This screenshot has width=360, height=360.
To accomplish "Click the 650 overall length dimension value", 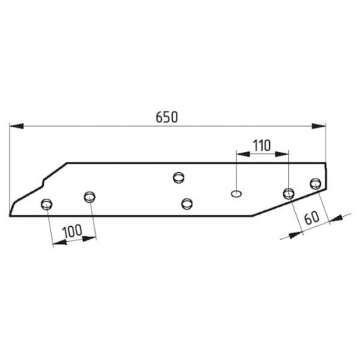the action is (x=167, y=117).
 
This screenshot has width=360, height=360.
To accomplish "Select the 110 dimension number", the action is (x=261, y=145).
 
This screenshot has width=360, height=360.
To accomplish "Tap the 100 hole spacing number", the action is (x=72, y=231).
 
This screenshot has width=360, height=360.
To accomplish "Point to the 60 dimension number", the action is (x=312, y=217).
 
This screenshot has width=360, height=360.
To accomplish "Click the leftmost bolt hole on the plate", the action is (x=47, y=204).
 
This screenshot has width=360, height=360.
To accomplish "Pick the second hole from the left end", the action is (x=90, y=197).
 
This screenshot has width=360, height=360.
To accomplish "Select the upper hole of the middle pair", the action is (x=179, y=178).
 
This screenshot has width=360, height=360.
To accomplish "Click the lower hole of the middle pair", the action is (x=187, y=204).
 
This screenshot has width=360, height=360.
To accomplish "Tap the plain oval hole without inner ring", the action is (x=236, y=194).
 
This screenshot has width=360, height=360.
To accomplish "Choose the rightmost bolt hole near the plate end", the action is (x=315, y=184).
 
